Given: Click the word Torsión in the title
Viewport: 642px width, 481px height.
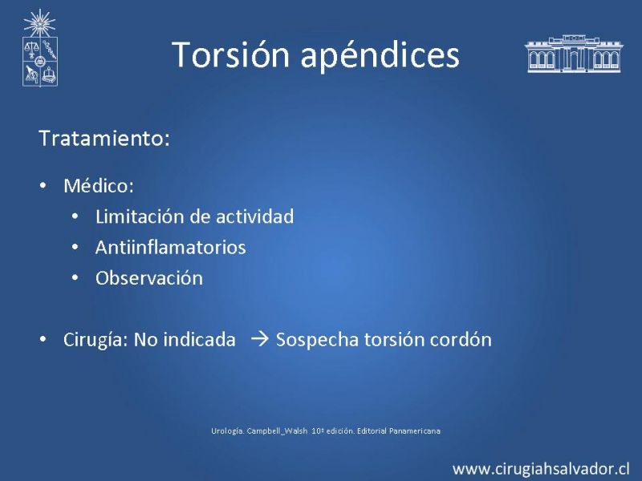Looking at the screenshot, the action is tap(230, 55).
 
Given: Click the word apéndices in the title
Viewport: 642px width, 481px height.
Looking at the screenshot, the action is tap(380, 55).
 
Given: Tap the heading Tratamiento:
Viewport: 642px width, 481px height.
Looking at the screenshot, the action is tap(104, 138).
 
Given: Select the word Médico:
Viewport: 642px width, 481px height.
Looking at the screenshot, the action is tap(99, 186).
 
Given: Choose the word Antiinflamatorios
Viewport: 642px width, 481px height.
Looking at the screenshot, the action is tap(170, 248).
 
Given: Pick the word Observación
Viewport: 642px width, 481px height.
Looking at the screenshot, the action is tap(149, 278).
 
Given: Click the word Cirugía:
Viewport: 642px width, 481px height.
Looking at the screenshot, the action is tap(95, 340).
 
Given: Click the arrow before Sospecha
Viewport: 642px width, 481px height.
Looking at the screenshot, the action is tap(259, 339).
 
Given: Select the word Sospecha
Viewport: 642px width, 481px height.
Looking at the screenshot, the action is tap(317, 340).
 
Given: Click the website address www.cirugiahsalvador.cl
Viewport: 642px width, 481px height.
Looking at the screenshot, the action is tap(541, 469).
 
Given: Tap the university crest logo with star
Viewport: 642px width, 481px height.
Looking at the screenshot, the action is tap(39, 48).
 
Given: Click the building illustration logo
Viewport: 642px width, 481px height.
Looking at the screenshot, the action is tap(574, 54).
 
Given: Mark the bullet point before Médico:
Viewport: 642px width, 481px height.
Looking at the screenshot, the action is tap(43, 186).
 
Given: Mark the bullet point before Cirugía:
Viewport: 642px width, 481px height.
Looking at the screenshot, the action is tap(43, 340).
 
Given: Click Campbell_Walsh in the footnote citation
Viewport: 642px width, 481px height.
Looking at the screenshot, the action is tap(277, 430).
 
